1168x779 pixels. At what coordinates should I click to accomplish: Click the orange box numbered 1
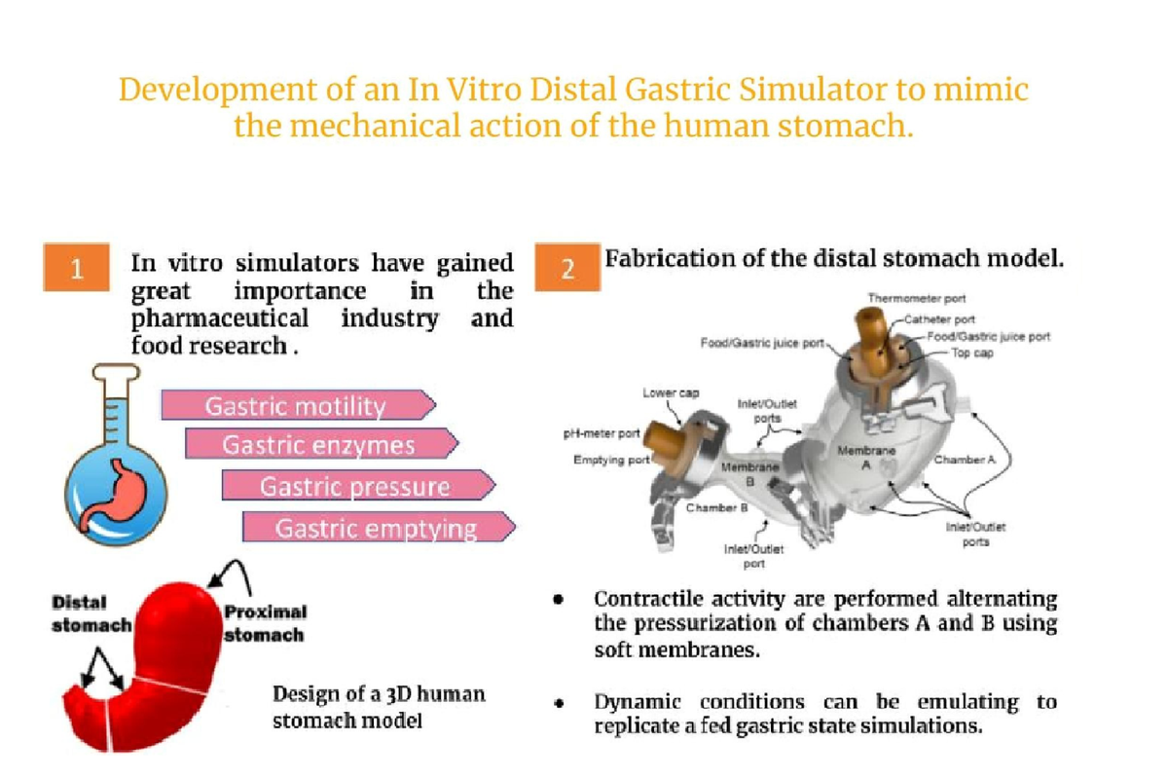[77, 267]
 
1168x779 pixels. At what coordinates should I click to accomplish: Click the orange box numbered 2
[567, 267]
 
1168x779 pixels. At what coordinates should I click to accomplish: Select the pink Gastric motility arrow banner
[298, 405]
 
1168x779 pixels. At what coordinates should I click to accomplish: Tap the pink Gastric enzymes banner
[322, 444]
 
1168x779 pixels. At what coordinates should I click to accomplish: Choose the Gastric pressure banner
[358, 485]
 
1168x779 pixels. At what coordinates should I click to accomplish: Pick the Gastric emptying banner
[379, 527]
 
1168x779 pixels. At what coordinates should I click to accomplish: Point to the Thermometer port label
[917, 298]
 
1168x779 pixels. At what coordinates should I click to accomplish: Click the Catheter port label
[939, 319]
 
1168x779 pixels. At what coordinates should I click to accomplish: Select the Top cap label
[972, 353]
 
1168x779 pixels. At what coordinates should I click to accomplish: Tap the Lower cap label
[671, 392]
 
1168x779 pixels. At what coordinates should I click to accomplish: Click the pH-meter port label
[602, 433]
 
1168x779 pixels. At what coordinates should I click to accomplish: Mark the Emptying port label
[611, 461]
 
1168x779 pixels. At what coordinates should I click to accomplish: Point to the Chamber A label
[965, 460]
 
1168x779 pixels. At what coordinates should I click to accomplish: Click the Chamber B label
[716, 507]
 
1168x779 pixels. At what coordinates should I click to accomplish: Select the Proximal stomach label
[265, 623]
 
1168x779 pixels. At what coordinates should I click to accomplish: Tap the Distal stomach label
[91, 613]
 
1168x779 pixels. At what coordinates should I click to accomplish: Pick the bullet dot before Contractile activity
[559, 600]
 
